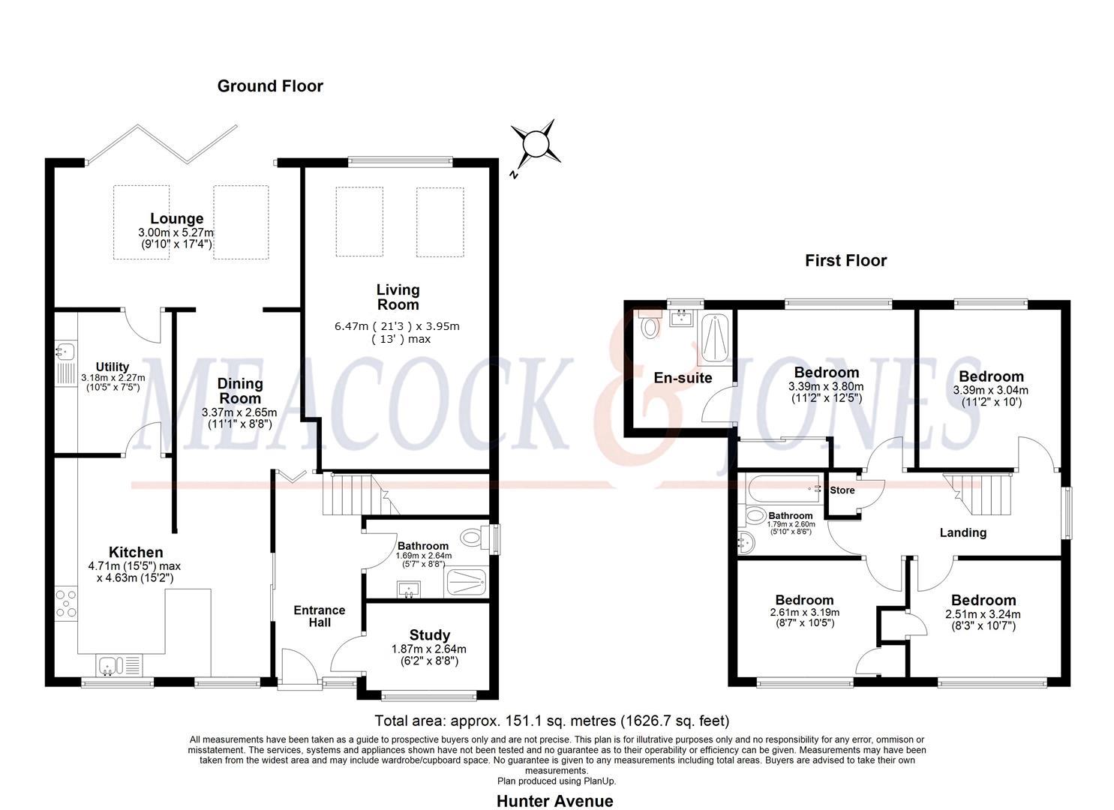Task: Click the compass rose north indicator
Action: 535,142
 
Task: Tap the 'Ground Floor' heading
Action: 270,86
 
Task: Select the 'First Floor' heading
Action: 845,261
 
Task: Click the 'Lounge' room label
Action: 176,219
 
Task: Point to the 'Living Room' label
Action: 398,297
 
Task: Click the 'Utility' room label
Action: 113,367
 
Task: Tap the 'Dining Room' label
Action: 240,391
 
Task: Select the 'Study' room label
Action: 430,635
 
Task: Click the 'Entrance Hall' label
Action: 320,616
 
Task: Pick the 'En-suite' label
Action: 683,378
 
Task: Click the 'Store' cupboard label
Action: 842,490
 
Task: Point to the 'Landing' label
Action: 962,532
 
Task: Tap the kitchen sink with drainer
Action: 119,664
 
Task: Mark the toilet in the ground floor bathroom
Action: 473,538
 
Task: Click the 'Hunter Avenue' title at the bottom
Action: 554,801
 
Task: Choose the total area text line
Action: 551,721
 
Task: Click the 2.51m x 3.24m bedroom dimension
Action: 983,614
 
